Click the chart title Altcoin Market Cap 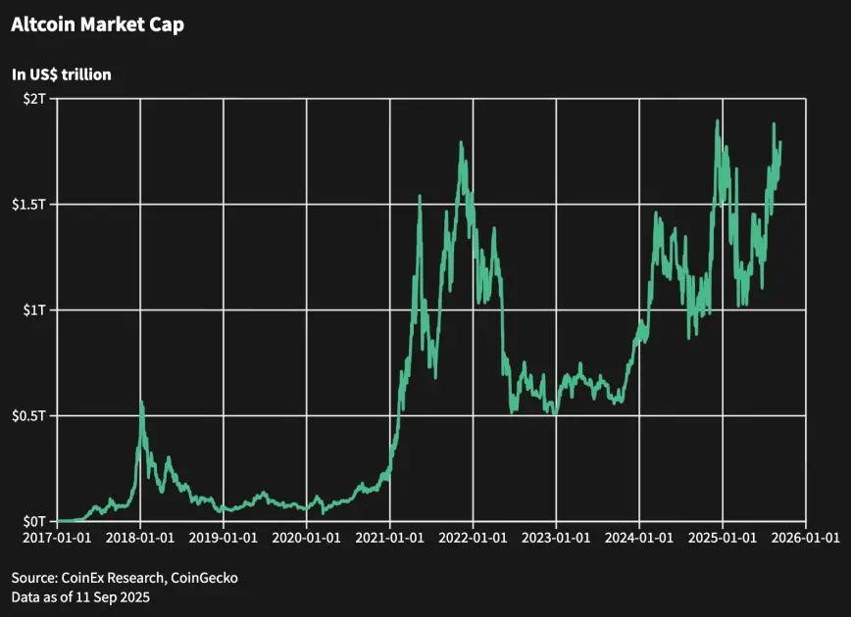[97, 25]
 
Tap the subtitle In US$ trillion [61, 73]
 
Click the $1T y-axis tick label [34, 309]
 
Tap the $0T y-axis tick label [34, 521]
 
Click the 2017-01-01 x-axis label [58, 540]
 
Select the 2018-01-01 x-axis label [141, 540]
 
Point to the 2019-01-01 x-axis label [225, 540]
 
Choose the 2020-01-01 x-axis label [307, 540]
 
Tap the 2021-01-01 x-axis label [390, 540]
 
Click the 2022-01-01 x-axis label [474, 540]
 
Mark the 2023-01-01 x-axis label [557, 540]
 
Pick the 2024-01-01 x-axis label [639, 540]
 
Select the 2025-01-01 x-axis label [723, 540]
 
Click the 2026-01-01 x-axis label [806, 540]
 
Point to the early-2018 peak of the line [142, 402]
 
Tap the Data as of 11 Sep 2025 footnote [81, 596]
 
